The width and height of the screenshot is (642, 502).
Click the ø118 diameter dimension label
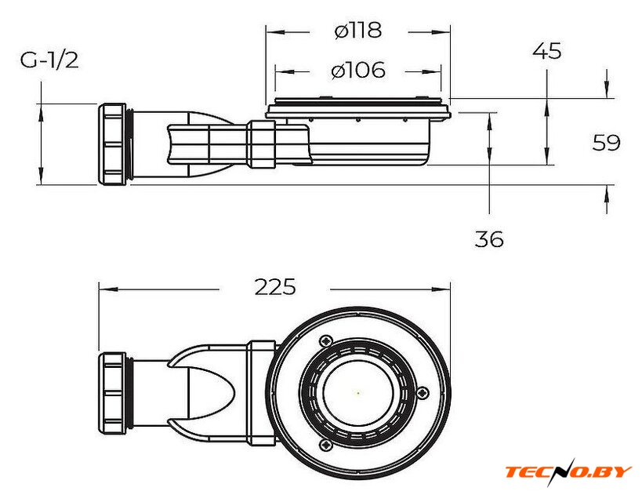click(357, 31)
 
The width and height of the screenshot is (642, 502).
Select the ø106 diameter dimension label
click(358, 71)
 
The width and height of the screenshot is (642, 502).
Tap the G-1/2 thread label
click(49, 60)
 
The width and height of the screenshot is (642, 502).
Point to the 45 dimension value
click(546, 52)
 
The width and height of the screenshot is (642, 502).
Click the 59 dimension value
click(606, 143)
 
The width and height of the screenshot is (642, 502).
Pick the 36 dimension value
click(489, 239)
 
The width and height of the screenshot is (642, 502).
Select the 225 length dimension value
click(275, 287)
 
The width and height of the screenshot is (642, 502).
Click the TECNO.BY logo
click(568, 471)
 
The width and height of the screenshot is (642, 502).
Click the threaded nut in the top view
click(114, 390)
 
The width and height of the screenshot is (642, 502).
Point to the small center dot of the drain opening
click(358, 392)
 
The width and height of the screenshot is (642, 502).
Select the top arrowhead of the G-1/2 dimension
click(39, 109)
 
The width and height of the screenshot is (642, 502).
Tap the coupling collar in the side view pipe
click(262, 144)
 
